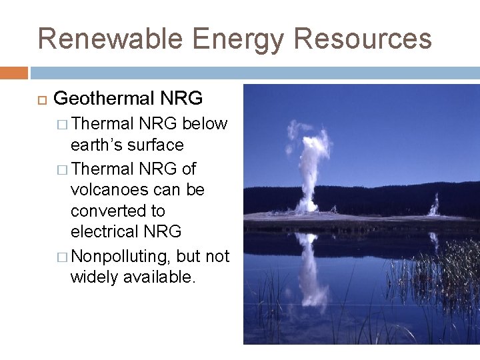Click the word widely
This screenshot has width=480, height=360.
click(x=94, y=277)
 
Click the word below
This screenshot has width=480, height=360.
click(x=205, y=124)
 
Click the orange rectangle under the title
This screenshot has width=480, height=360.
click(x=14, y=73)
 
